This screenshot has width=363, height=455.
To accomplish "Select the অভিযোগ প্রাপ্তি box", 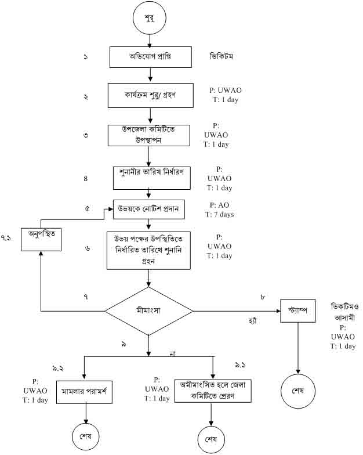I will click(x=150, y=57).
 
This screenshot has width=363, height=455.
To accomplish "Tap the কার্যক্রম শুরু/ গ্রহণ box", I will click(x=150, y=96).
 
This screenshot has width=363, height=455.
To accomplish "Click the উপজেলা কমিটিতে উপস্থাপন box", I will click(x=150, y=135).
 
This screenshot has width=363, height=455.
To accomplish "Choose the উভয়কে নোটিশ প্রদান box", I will click(x=149, y=210).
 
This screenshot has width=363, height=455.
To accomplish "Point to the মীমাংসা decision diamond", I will click(x=149, y=311).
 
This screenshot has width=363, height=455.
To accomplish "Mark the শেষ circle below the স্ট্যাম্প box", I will click(x=298, y=389).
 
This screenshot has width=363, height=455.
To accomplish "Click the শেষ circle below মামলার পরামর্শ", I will click(x=86, y=434).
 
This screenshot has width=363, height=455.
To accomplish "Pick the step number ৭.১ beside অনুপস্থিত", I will click(x=7, y=238).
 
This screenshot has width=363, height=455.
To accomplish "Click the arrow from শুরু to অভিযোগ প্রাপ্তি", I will click(x=150, y=42).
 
